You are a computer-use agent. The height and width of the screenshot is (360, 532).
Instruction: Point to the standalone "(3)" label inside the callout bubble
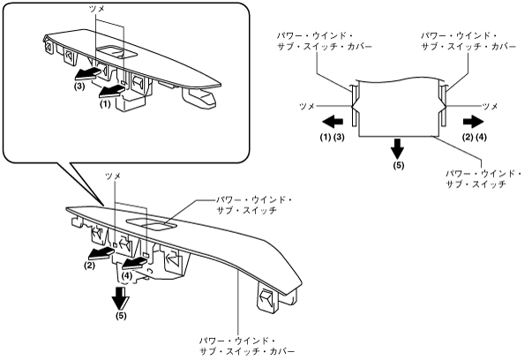[x=80, y=87]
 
